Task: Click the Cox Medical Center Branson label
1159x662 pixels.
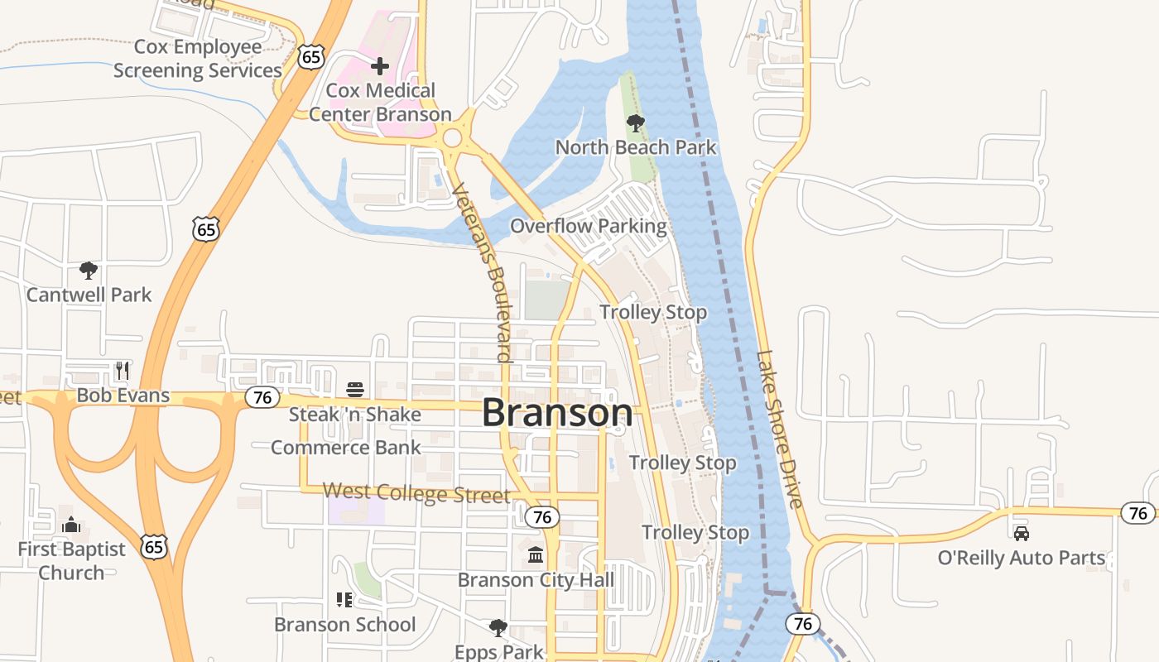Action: (x=380, y=102)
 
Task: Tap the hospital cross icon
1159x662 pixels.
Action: (x=380, y=65)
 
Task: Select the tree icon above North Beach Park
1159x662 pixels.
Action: (x=636, y=123)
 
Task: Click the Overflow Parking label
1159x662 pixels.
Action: (x=588, y=226)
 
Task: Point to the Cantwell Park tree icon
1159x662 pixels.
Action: (x=89, y=270)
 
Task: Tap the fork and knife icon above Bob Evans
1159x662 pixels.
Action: (x=123, y=369)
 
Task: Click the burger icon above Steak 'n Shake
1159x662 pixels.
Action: (x=355, y=389)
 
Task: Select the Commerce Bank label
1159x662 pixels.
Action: (x=346, y=448)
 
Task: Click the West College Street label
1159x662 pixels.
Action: (x=416, y=493)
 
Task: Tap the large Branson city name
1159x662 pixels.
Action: (x=557, y=413)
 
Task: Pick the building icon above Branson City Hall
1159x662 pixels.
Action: (x=536, y=554)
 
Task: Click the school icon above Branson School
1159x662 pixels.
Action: (x=344, y=599)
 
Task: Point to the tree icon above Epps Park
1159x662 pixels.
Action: (x=498, y=627)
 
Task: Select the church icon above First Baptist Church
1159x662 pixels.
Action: (x=71, y=525)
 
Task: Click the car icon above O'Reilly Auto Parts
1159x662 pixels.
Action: (x=1022, y=534)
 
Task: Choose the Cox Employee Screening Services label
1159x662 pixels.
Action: (x=198, y=59)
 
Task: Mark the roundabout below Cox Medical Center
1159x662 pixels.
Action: (x=452, y=137)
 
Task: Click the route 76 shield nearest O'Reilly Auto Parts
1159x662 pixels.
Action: (x=1138, y=513)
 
